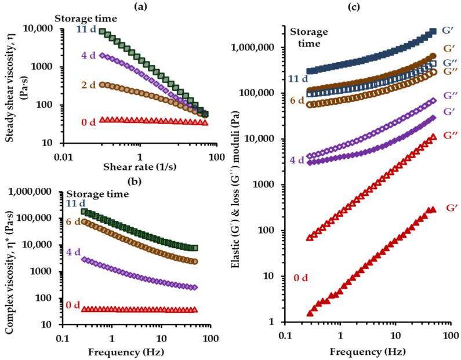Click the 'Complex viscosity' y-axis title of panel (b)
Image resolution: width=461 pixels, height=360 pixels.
[x=9, y=264]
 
